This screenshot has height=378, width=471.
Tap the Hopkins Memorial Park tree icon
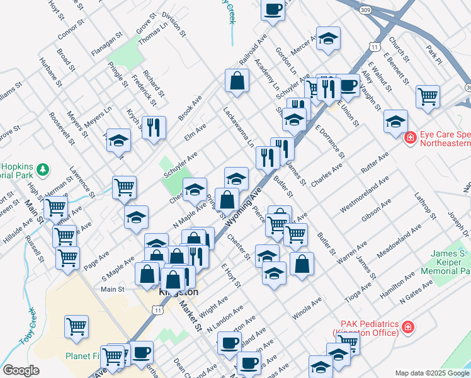click(x=43, y=169)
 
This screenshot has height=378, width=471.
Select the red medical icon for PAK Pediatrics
click(x=408, y=327)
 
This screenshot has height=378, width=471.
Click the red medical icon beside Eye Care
click(x=409, y=137)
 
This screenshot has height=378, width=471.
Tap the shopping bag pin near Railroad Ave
click(x=237, y=81)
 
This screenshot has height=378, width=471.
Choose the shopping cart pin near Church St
click(x=428, y=96)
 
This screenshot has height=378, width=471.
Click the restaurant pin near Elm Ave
click(x=154, y=128)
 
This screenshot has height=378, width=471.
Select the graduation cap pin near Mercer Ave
click(x=328, y=39)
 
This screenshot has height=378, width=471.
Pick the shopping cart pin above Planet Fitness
click(x=76, y=326)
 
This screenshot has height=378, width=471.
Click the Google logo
click(x=21, y=370)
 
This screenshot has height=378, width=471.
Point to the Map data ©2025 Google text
click(x=431, y=372)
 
